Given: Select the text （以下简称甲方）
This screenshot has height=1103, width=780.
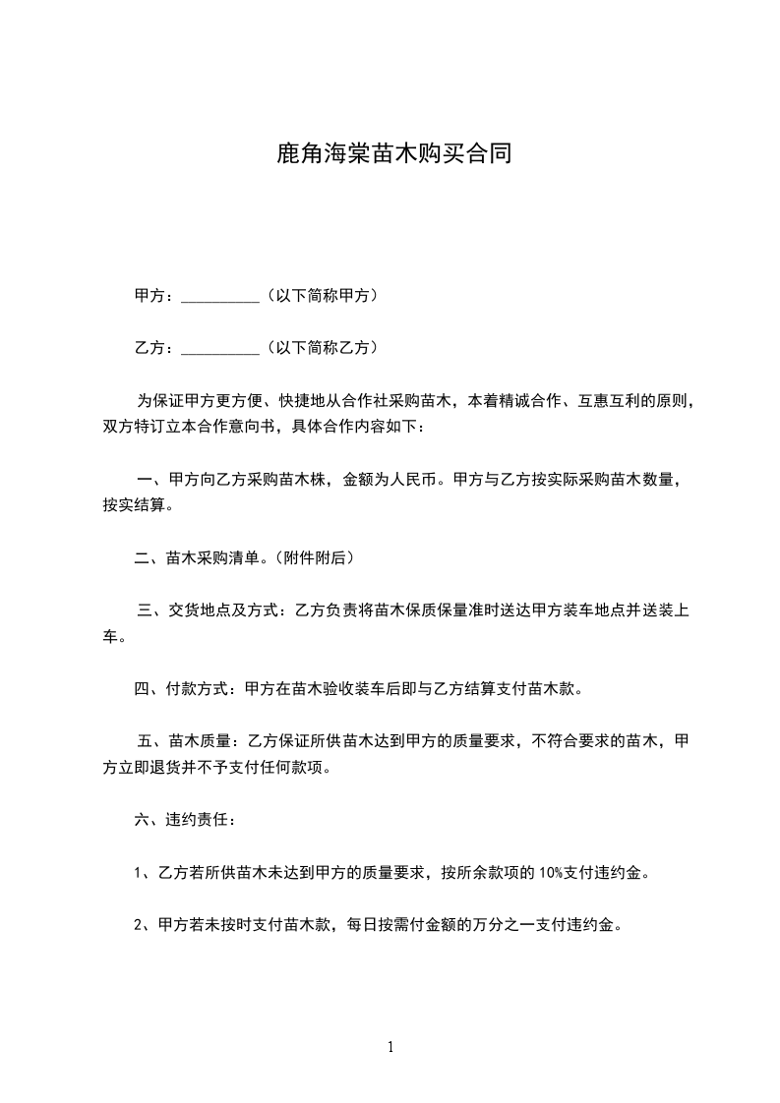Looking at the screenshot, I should point(321,295).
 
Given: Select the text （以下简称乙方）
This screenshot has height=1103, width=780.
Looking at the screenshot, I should point(321,347).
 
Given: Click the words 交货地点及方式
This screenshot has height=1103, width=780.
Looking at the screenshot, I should point(226,610).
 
